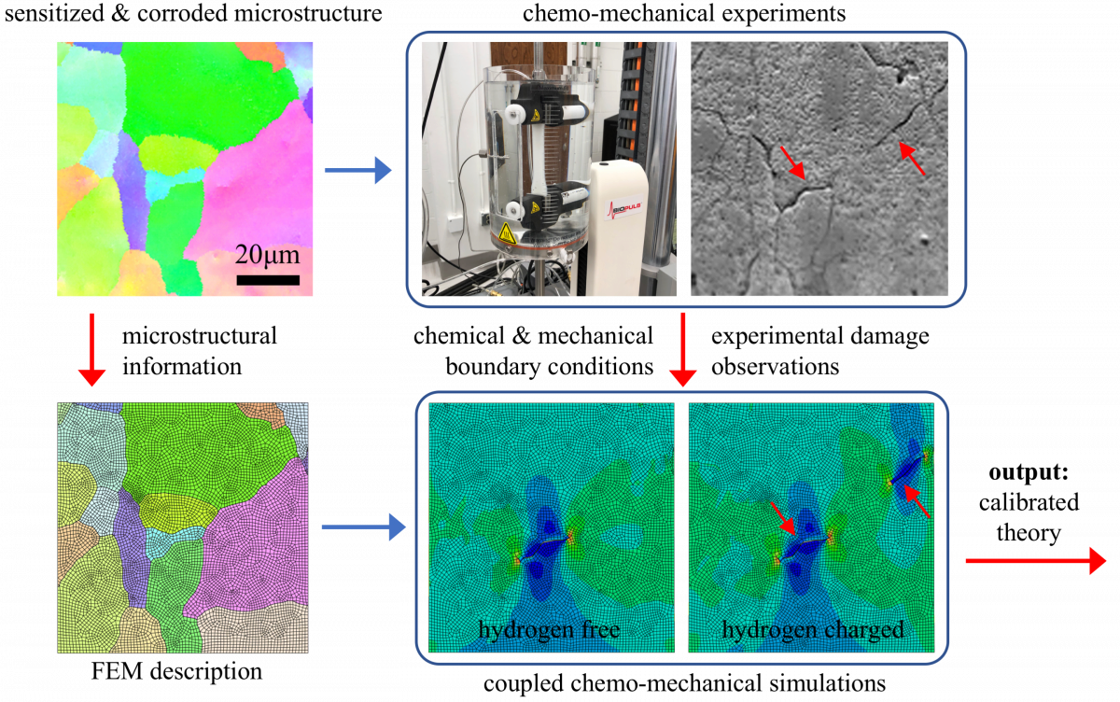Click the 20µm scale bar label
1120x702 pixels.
(267, 255)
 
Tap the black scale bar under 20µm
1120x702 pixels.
(268, 280)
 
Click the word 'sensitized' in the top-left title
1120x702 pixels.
(54, 13)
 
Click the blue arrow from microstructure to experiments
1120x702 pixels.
(358, 171)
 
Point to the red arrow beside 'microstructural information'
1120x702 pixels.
(92, 350)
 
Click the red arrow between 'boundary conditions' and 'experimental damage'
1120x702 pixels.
(682, 350)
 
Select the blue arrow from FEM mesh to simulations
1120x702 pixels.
(363, 527)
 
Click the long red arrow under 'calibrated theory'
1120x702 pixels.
(1036, 561)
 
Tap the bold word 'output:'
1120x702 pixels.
(1029, 472)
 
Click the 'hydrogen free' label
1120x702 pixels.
(549, 629)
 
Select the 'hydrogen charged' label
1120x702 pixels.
(813, 629)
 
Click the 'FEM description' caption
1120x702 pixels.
(176, 671)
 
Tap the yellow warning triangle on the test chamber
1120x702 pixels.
(507, 234)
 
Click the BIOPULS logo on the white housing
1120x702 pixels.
(624, 209)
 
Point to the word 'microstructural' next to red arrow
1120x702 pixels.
(200, 335)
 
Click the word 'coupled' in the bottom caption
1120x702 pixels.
(524, 683)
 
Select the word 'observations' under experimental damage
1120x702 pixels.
(775, 367)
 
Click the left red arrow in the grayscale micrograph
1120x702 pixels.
(793, 163)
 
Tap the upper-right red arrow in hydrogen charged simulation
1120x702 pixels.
(917, 501)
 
